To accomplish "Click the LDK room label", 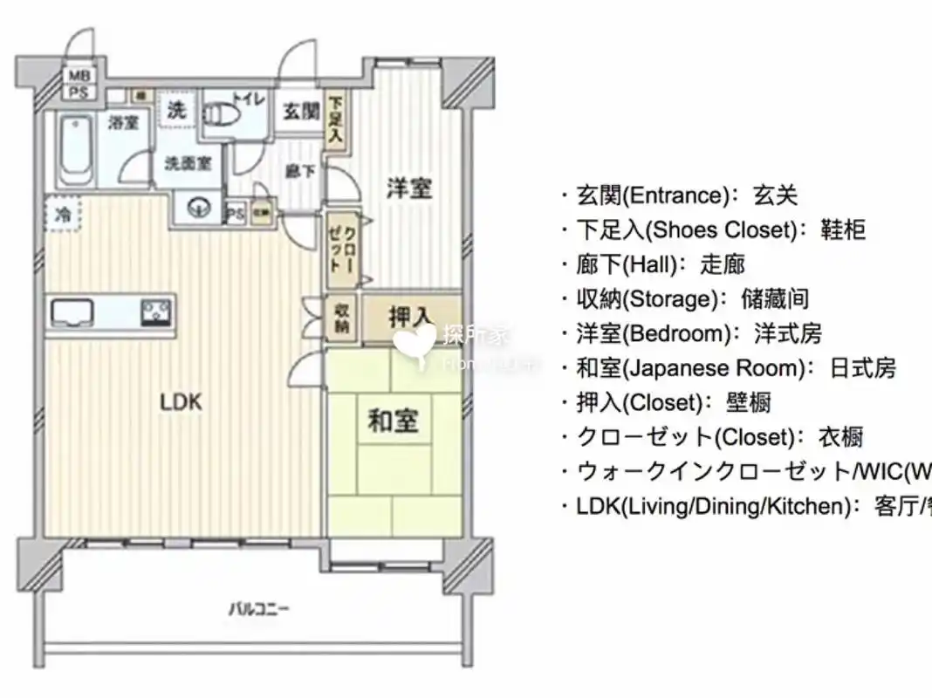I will coord(181,402).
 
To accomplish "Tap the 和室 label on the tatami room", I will coord(392,421).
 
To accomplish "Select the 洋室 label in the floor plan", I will coord(408,188).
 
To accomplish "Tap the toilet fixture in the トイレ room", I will coord(223,116).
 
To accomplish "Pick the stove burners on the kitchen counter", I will coord(156,310).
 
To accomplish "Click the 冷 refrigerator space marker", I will coord(63,212).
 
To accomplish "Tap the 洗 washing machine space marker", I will coord(176,111).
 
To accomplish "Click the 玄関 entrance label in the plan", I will coord(300,111).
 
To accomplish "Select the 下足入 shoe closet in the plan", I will coord(335,120).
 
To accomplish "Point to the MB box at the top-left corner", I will coord(79,76).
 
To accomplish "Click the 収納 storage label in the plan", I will coord(339,318).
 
